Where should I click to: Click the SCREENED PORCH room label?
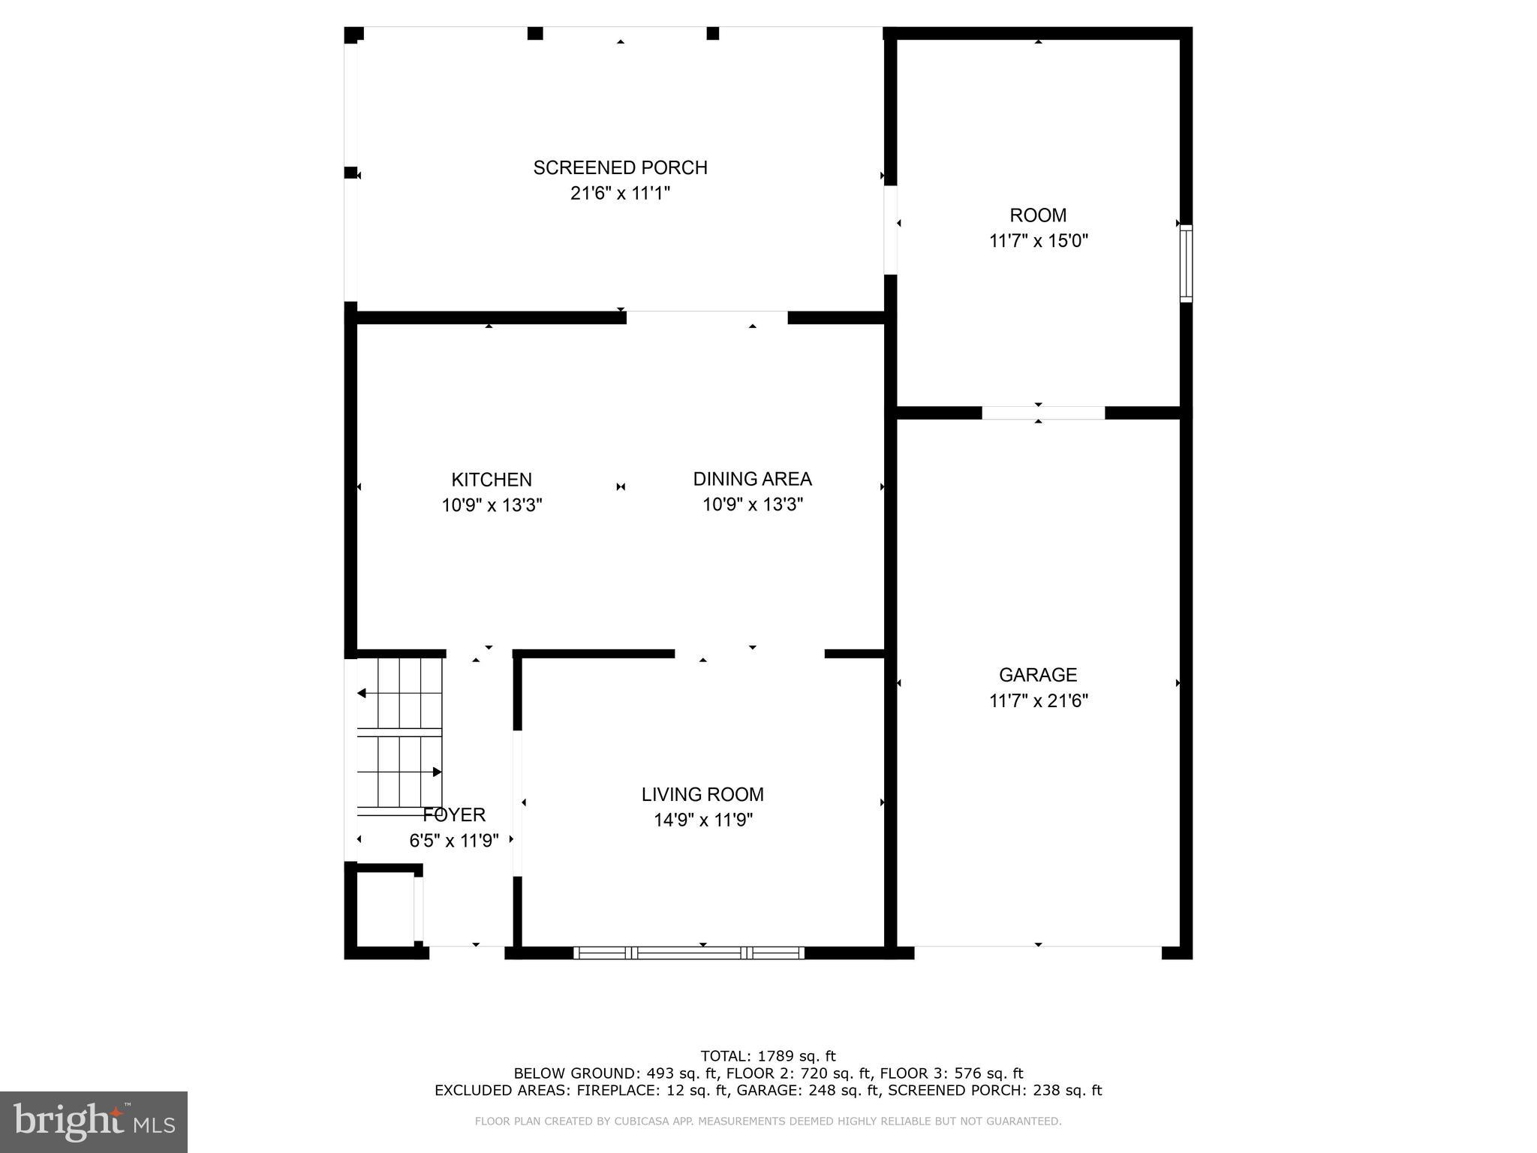[x=620, y=167]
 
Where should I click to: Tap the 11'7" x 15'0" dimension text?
[x=1038, y=241]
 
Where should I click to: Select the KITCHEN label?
[x=492, y=480]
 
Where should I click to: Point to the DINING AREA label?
[x=752, y=479]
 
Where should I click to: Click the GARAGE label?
[x=1038, y=675]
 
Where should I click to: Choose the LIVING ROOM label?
[x=702, y=794]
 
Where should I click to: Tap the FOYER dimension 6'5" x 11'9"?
[x=453, y=841]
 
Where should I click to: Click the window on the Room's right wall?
[x=1186, y=263]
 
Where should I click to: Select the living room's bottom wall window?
[x=689, y=953]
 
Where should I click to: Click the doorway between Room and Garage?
[x=1043, y=413]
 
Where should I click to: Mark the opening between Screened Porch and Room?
[x=890, y=230]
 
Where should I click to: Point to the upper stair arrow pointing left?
[x=362, y=693]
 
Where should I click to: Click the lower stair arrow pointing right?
[x=436, y=772]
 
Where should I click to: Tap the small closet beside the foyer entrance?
[x=384, y=909]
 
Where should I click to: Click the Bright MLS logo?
[x=94, y=1121]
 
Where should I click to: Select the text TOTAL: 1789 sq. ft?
[x=768, y=1056]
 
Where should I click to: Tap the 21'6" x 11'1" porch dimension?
[x=620, y=194]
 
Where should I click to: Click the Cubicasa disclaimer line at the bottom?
[x=768, y=1121]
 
